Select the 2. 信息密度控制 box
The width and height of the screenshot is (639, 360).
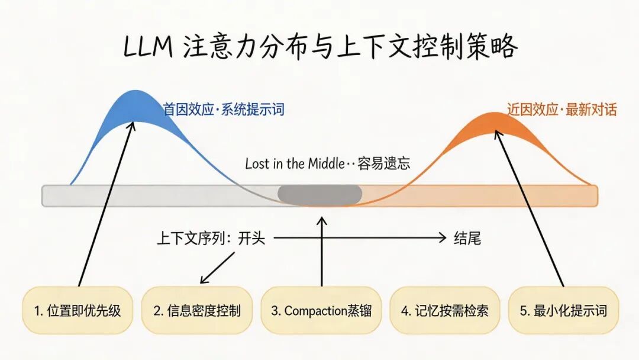(x=196, y=310)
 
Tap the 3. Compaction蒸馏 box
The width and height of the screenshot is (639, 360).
(x=321, y=310)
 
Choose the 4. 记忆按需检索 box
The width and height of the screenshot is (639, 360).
(x=444, y=310)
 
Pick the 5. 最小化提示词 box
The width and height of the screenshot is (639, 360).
(x=563, y=310)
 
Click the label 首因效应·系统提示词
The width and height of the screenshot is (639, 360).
(x=224, y=110)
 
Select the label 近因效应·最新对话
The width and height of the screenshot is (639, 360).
(x=561, y=110)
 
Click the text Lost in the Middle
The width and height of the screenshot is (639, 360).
(x=294, y=163)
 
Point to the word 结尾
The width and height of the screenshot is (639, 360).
(x=467, y=238)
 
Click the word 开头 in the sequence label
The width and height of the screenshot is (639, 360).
(x=251, y=238)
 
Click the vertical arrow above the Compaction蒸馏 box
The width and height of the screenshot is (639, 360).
(x=322, y=252)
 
